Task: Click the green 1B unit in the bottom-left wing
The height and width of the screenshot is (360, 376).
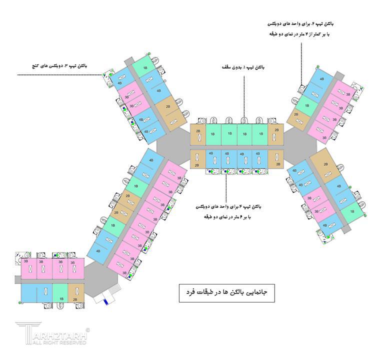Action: pyautogui.click(x=60, y=292)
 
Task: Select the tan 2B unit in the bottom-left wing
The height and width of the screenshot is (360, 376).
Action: pyautogui.click(x=75, y=292)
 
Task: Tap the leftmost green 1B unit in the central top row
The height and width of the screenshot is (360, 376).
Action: pyautogui.click(x=212, y=134)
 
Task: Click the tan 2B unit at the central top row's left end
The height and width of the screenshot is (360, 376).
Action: pyautogui.click(x=198, y=134)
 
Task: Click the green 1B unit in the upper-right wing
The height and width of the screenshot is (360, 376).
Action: pyautogui.click(x=305, y=106)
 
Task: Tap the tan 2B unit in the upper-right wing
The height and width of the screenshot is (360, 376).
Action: pyautogui.click(x=296, y=118)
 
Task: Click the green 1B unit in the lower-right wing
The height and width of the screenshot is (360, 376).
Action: pyautogui.click(x=351, y=211)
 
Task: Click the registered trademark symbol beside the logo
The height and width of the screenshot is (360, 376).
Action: pyautogui.click(x=88, y=330)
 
